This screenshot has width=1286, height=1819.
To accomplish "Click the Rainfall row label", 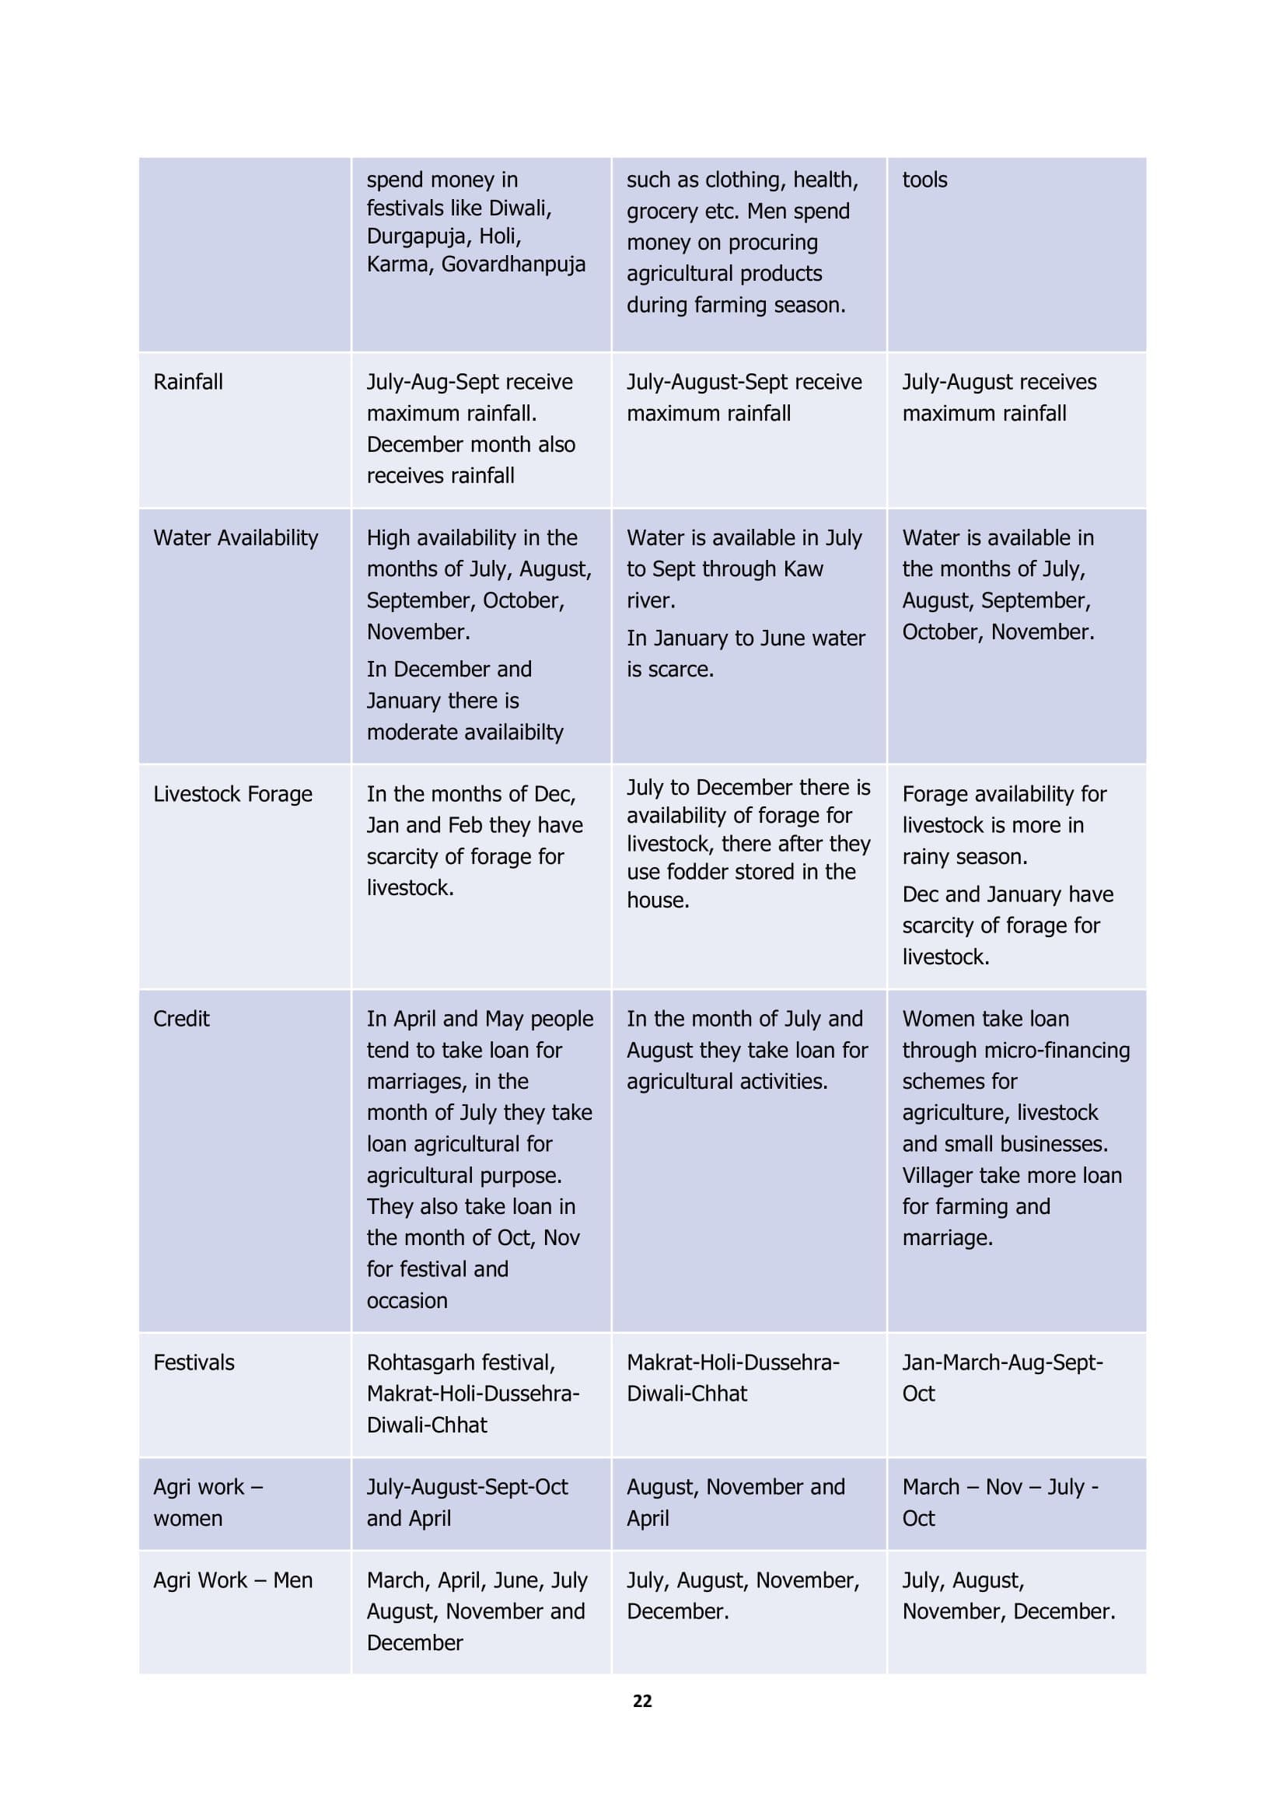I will (x=187, y=382).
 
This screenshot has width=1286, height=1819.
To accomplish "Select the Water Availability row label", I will (x=235, y=538).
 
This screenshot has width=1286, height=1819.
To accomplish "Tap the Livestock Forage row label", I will (x=232, y=794).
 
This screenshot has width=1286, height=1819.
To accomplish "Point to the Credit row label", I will (x=181, y=1019).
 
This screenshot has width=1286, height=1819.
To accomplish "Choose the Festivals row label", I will (x=194, y=1363).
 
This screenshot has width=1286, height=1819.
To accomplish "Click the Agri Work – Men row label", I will (x=232, y=1580).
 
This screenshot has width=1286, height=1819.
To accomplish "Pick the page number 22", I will (x=642, y=1701).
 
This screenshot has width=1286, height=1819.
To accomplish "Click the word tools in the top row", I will (x=924, y=180).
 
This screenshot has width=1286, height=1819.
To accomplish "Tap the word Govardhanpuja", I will (x=513, y=264).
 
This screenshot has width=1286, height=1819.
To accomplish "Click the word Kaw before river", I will (x=803, y=568).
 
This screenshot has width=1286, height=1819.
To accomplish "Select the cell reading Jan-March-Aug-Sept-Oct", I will (x=1001, y=1378).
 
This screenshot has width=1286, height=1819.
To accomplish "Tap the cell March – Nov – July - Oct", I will (x=1000, y=1502).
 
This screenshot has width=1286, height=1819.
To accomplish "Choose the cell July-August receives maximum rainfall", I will (x=999, y=397).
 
